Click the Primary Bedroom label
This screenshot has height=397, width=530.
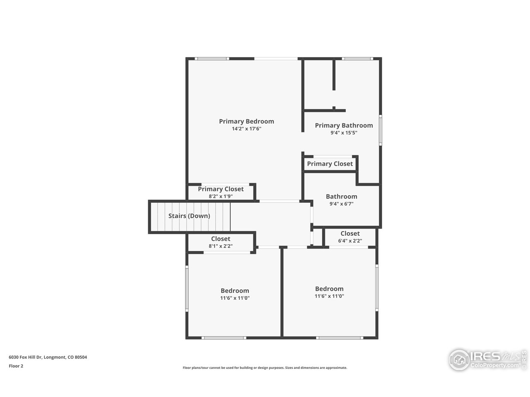(246, 122)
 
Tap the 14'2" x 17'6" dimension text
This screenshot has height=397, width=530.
(246, 129)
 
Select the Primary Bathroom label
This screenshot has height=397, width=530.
(344, 126)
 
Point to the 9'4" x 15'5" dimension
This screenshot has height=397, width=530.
(344, 133)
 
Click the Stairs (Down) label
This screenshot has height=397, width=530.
(189, 216)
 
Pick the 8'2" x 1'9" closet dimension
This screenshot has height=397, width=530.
(221, 196)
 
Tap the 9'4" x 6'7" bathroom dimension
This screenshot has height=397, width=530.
(342, 204)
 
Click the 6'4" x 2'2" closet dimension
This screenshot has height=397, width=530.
(350, 241)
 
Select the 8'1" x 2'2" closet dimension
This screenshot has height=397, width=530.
(221, 246)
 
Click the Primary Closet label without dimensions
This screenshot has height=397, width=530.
(330, 164)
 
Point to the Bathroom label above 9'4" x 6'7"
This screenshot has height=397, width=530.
(342, 196)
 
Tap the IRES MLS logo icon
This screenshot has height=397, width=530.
(459, 360)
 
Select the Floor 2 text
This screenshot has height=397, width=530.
(16, 366)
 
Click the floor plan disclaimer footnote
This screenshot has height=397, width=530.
(265, 368)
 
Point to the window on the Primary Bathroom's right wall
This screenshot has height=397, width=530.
(380, 130)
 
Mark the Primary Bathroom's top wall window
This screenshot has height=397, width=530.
(358, 59)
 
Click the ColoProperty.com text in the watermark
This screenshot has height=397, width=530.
(494, 365)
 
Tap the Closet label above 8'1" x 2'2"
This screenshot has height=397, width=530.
(221, 239)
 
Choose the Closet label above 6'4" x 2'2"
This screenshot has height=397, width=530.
(350, 234)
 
